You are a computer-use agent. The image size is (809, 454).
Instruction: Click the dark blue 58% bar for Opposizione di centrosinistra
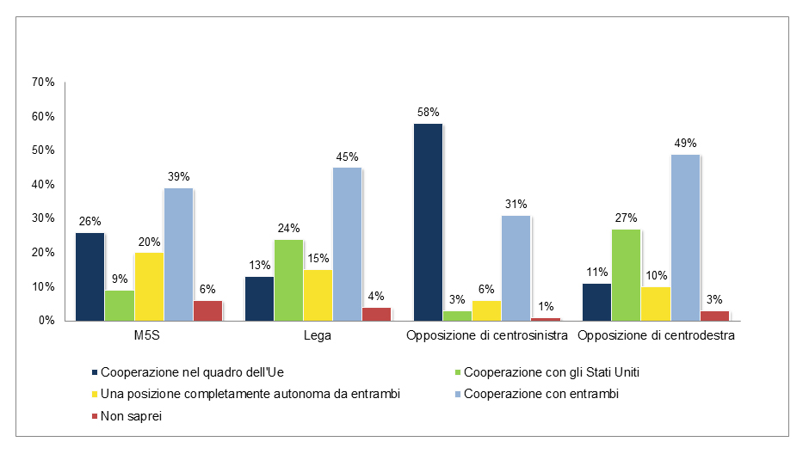(428, 222)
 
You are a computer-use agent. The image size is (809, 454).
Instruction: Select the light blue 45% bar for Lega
(347, 243)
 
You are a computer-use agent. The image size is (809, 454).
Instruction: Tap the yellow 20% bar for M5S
(149, 286)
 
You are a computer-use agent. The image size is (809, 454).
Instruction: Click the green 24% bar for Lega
(288, 279)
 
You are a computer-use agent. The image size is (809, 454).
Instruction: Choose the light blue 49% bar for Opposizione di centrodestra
(684, 237)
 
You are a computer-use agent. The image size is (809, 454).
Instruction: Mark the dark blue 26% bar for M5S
(90, 276)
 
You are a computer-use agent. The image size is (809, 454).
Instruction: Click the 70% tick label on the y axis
(42, 83)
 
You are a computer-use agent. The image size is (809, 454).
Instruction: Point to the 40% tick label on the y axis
(42, 185)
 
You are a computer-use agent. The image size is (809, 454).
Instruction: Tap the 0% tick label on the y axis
(46, 321)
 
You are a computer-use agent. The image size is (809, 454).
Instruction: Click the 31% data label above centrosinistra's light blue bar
(516, 204)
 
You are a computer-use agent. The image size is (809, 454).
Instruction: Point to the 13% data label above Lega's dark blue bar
(259, 265)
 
